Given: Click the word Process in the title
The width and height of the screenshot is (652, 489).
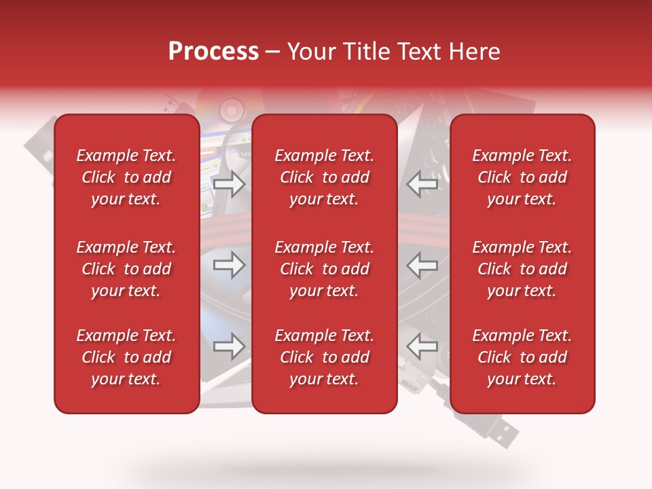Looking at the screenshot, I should pyautogui.click(x=213, y=52).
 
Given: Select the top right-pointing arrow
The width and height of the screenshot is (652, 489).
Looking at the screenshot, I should pyautogui.click(x=229, y=183).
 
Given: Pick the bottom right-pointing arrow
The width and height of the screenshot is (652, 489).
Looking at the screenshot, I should pyautogui.click(x=229, y=346).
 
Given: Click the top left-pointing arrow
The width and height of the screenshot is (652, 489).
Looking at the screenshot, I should pyautogui.click(x=422, y=183).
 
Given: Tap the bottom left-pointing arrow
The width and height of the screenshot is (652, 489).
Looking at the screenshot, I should pyautogui.click(x=422, y=346).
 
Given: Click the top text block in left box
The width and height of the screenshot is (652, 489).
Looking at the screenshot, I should pyautogui.click(x=126, y=177).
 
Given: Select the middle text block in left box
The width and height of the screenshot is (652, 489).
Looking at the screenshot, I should pyautogui.click(x=126, y=269).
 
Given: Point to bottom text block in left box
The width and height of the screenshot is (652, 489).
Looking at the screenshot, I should pyautogui.click(x=126, y=357).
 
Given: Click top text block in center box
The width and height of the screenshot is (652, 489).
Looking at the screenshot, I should pyautogui.click(x=324, y=177).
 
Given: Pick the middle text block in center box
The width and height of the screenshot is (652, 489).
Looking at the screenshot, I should pyautogui.click(x=324, y=269).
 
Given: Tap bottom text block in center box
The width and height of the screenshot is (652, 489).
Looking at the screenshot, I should pyautogui.click(x=324, y=357).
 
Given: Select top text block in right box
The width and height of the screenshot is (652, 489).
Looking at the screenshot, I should pyautogui.click(x=522, y=177).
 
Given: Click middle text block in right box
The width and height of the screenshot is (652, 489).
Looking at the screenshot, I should pyautogui.click(x=522, y=269).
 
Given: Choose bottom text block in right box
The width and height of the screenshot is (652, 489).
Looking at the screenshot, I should pyautogui.click(x=522, y=357).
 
